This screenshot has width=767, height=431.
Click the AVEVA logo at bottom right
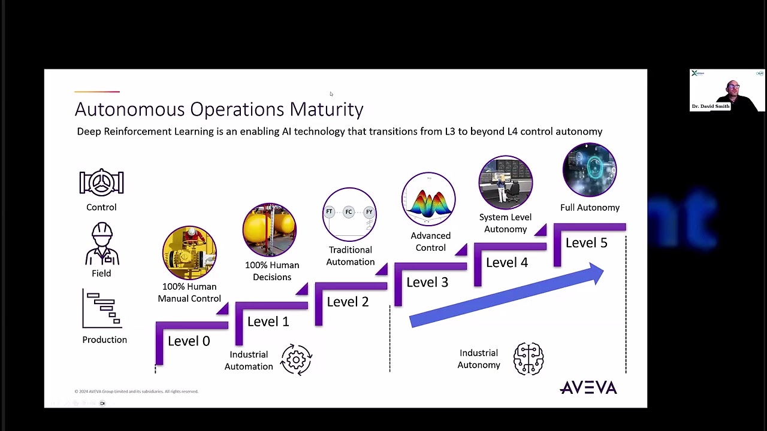click(x=588, y=388)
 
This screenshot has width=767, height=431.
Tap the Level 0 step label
click(x=189, y=341)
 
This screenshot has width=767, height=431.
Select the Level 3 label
click(x=427, y=282)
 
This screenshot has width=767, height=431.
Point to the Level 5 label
click(x=586, y=242)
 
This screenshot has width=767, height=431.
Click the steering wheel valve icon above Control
click(x=101, y=183)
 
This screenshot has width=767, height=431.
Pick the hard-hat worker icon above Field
click(x=102, y=244)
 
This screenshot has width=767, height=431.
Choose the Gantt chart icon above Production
click(x=102, y=309)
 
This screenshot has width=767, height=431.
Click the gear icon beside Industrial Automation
click(x=296, y=360)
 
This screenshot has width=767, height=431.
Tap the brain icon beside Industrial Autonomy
click(x=529, y=359)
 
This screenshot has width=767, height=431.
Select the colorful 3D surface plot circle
click(x=428, y=199)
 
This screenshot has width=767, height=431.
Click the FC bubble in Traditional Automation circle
click(x=349, y=212)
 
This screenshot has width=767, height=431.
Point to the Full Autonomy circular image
click(x=590, y=170)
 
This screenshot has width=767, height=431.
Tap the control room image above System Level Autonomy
click(x=505, y=183)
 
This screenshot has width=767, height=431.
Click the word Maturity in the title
click(x=327, y=109)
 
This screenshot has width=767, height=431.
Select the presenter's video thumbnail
click(x=727, y=90)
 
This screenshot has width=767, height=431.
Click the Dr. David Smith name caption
click(x=711, y=107)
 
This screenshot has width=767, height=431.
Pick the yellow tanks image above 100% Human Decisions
click(x=270, y=230)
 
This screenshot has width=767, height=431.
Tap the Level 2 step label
click(x=348, y=302)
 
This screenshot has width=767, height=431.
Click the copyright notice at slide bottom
click(x=136, y=391)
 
